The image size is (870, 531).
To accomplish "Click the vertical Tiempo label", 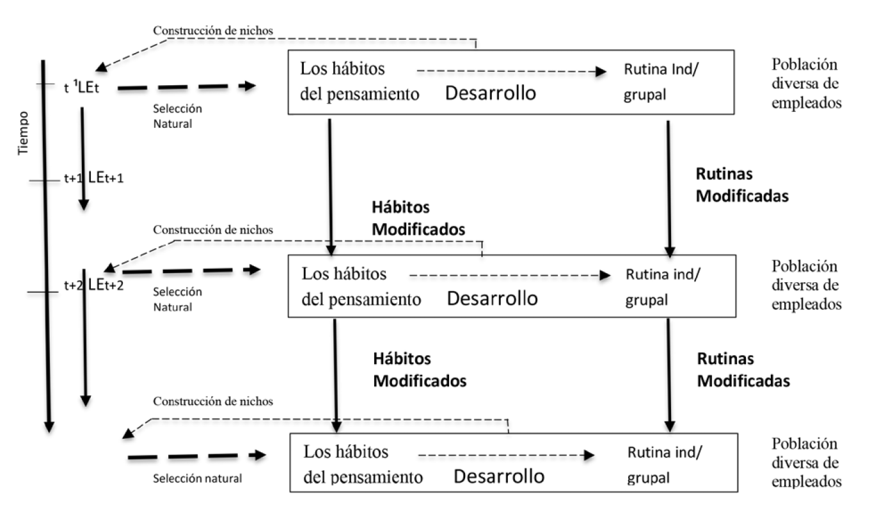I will (24, 132).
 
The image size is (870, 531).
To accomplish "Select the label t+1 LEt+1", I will (93, 178).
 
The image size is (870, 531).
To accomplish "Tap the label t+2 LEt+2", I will (93, 285).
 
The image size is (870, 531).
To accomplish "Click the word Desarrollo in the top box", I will (490, 93).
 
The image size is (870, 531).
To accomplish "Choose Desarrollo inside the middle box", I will (491, 298).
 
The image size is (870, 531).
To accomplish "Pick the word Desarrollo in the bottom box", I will (499, 477).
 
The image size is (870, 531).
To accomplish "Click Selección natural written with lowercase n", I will (198, 479).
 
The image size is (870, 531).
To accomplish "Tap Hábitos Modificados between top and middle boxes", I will (418, 218).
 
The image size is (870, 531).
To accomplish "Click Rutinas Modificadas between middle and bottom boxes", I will (743, 370).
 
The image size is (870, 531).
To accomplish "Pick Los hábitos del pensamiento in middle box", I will (361, 287).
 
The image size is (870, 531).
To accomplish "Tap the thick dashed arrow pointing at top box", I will (186, 86).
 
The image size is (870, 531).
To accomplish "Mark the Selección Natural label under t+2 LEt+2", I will (177, 299).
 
